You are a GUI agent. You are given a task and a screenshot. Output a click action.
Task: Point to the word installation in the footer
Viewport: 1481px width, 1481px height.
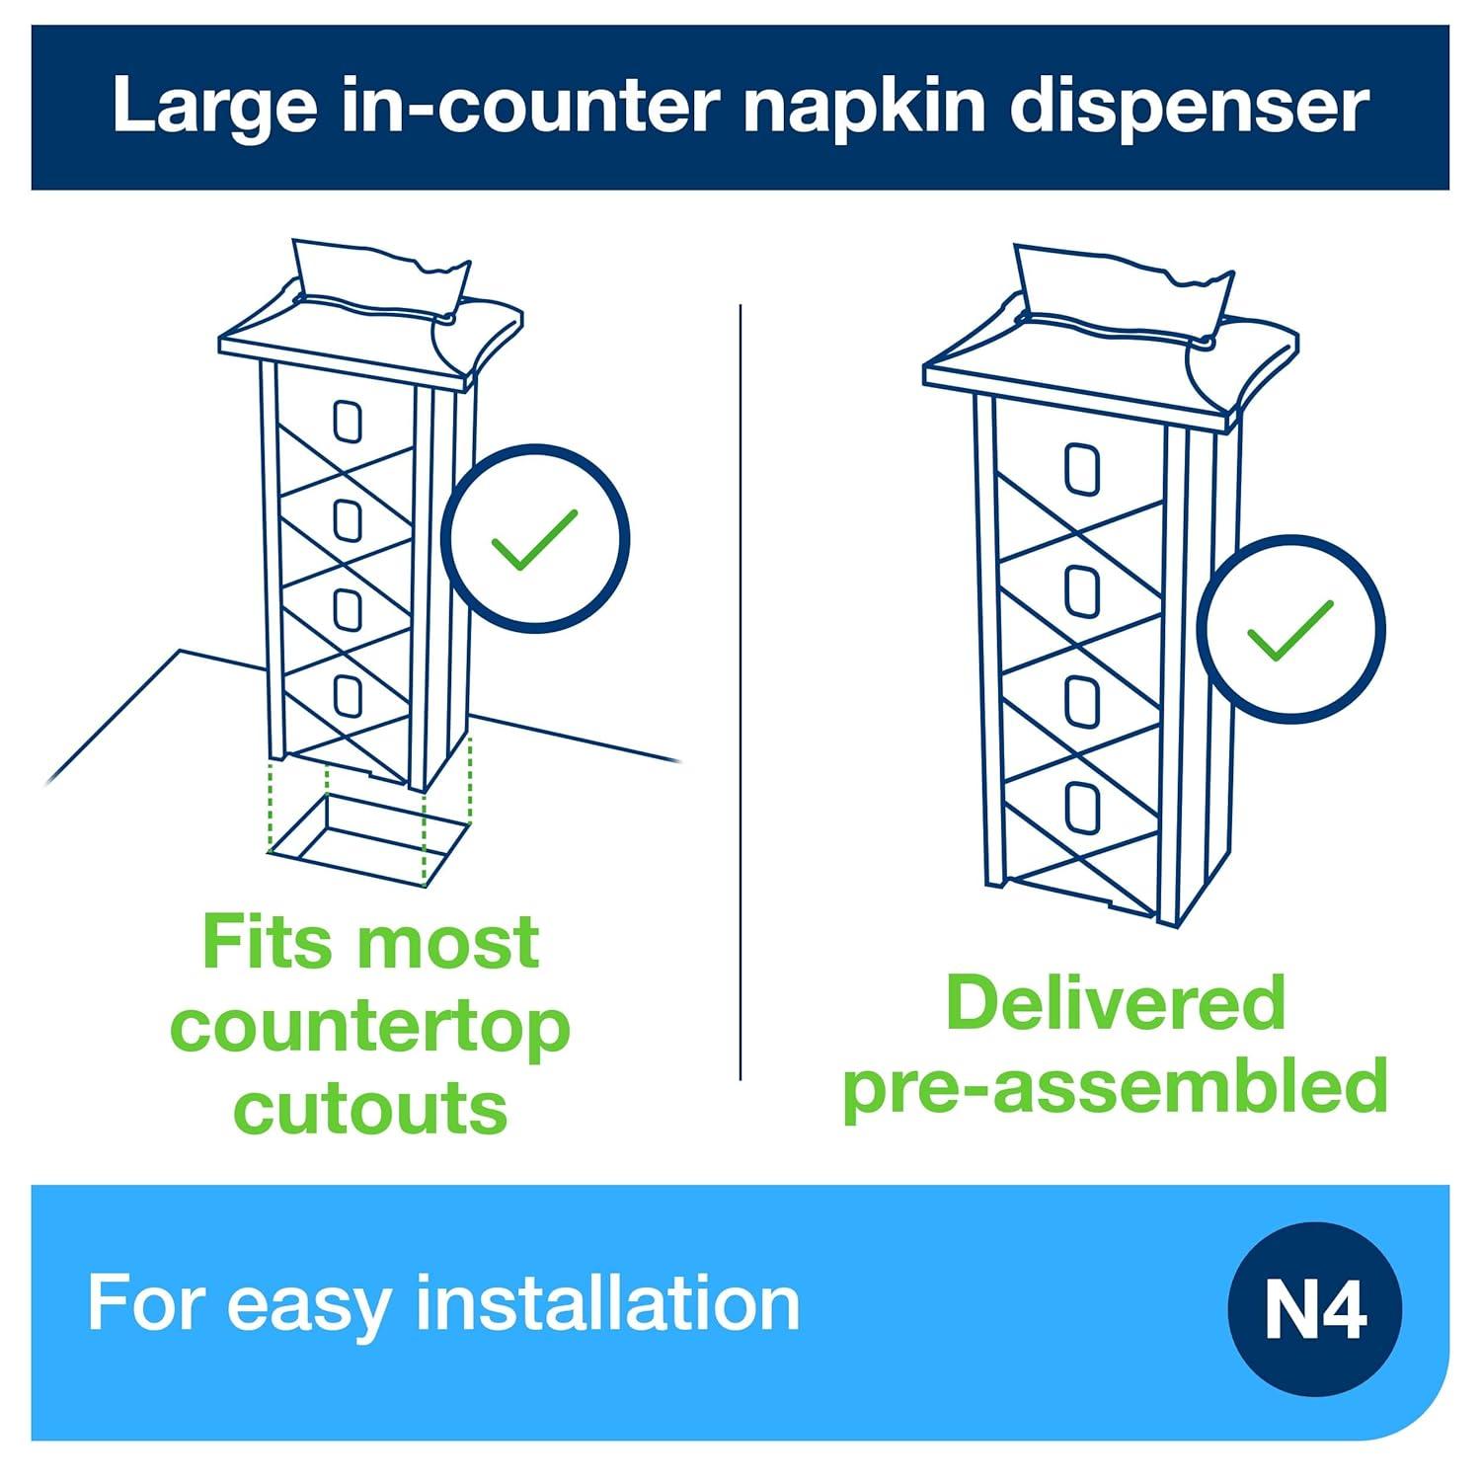pos(607,1303)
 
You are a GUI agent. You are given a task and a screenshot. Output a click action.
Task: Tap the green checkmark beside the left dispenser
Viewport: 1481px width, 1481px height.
pos(534,539)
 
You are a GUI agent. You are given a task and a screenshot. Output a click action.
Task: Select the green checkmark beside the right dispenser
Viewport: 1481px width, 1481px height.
pos(1290,630)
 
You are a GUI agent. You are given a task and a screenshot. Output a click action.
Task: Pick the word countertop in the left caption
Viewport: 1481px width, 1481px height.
pos(370,1027)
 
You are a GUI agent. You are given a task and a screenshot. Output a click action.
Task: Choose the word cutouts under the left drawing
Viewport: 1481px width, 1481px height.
pos(370,1108)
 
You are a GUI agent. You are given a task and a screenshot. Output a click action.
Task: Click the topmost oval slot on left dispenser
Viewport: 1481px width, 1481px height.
pos(347,423)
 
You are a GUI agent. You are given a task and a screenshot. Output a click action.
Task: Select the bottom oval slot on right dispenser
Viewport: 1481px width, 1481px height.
pos(1083,808)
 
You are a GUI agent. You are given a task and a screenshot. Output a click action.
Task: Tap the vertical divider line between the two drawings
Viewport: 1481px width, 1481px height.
pos(740,691)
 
